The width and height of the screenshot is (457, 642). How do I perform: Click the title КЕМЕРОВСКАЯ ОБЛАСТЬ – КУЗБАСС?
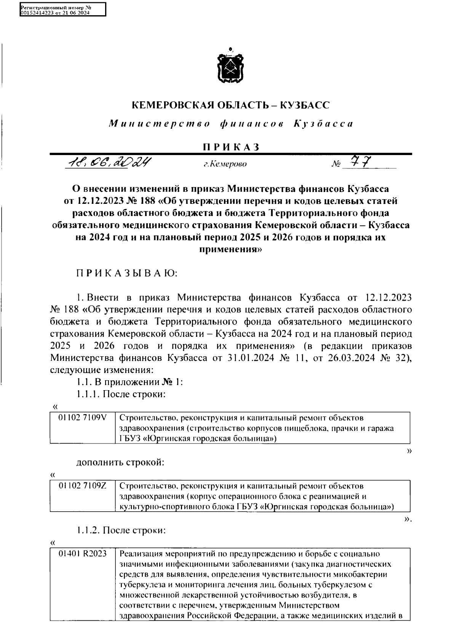pyautogui.click(x=230, y=105)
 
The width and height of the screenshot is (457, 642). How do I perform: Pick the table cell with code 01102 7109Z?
pyautogui.click(x=82, y=486)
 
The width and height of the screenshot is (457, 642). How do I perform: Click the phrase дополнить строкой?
pyautogui.click(x=120, y=463)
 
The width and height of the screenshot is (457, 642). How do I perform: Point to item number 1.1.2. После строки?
pyautogui.click(x=120, y=530)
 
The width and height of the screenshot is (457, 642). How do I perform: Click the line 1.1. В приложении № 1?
pyautogui.click(x=129, y=383)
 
